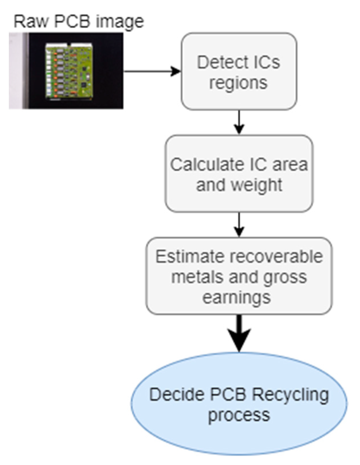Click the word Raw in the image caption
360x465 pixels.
(30, 21)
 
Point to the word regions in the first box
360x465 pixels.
(239, 83)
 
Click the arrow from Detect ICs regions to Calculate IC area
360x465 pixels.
(239, 122)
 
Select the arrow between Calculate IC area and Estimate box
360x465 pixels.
(239, 224)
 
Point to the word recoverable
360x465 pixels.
(276, 256)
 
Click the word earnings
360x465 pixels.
(237, 298)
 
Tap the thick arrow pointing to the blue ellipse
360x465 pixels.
(239, 334)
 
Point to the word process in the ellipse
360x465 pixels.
(239, 416)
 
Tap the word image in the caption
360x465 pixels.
(120, 22)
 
